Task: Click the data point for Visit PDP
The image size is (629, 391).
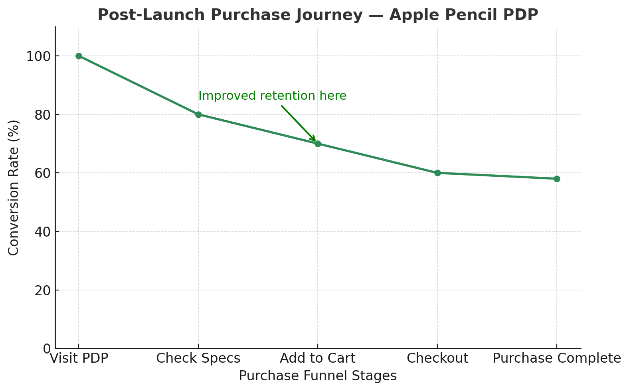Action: coord(79,56)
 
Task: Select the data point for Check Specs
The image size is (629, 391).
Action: coord(198,115)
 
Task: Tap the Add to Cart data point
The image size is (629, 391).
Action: coord(318,144)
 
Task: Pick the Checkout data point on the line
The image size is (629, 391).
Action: coord(437,173)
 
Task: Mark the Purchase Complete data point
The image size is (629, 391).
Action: coord(557,179)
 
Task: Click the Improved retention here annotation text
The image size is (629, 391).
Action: coord(273,96)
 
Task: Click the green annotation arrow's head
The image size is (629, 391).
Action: coord(314,140)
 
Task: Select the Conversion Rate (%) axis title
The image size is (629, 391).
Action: coord(14,188)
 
